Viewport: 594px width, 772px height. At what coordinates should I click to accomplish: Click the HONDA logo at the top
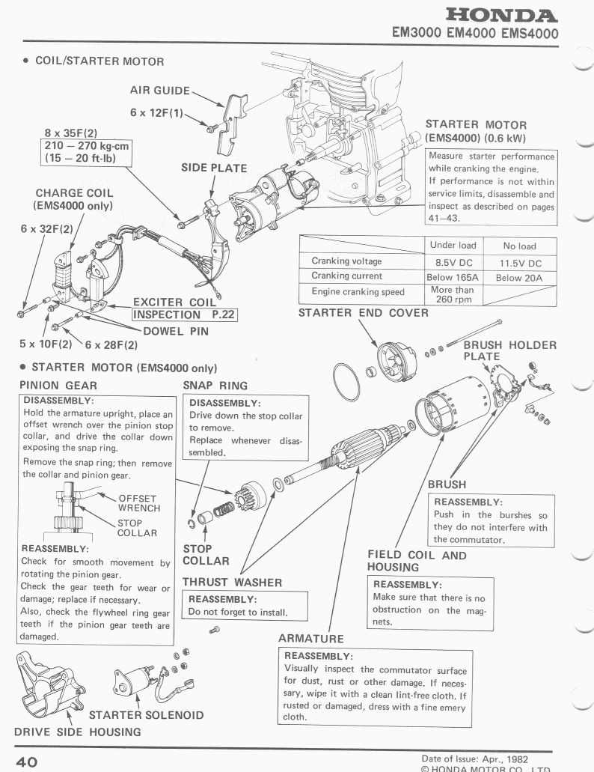tap(500, 16)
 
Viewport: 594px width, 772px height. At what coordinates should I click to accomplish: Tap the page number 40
tap(27, 762)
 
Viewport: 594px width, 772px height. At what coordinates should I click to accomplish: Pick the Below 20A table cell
tap(519, 278)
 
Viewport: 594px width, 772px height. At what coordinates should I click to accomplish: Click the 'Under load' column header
tap(453, 245)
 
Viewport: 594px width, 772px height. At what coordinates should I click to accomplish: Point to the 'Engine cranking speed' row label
tap(358, 292)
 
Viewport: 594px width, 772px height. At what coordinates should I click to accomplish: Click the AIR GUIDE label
tap(160, 90)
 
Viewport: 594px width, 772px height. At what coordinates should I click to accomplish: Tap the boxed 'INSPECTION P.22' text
tap(184, 314)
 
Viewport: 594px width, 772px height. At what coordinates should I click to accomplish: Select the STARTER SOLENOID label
tap(146, 714)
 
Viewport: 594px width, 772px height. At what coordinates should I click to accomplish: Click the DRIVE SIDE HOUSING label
tap(77, 732)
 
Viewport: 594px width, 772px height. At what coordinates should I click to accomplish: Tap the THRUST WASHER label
tap(232, 582)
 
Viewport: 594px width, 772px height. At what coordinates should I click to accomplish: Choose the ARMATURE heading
tap(310, 638)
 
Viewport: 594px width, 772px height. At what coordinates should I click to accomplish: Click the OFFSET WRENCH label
tap(138, 503)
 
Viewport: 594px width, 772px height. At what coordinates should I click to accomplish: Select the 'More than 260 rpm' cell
tap(453, 294)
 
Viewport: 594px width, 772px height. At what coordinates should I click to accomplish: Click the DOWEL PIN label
tap(176, 329)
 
